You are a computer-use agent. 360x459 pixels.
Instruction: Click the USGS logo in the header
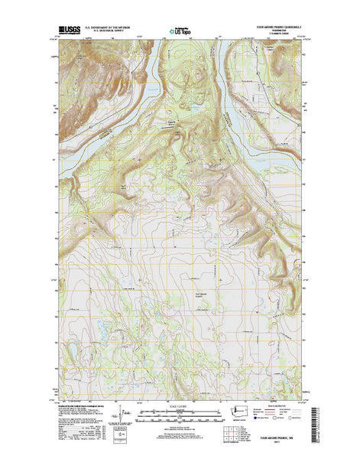click(x=67, y=34)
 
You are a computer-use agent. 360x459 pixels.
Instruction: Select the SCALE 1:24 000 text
click(x=180, y=405)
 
